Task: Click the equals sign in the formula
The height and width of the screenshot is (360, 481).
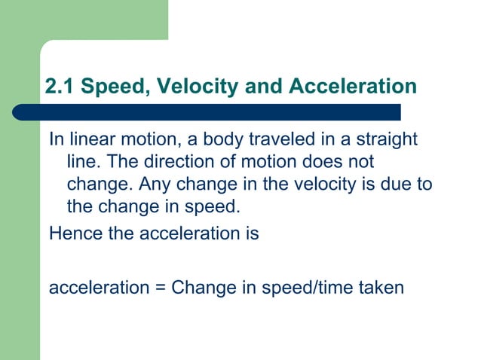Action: click(161, 287)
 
